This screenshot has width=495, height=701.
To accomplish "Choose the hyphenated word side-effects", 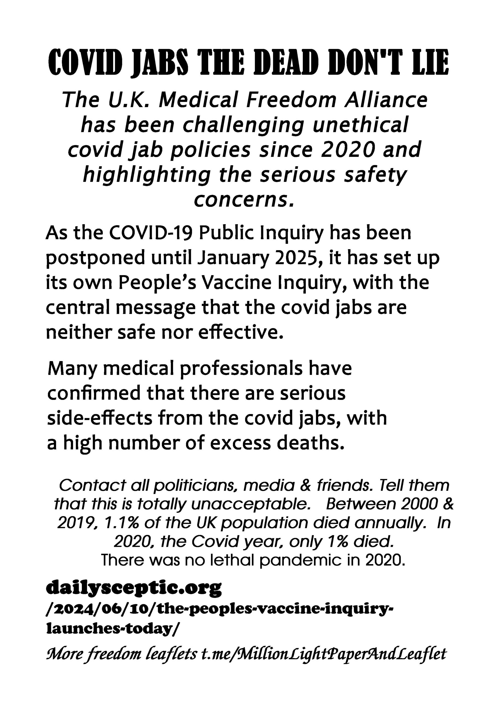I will click(x=100, y=418).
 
